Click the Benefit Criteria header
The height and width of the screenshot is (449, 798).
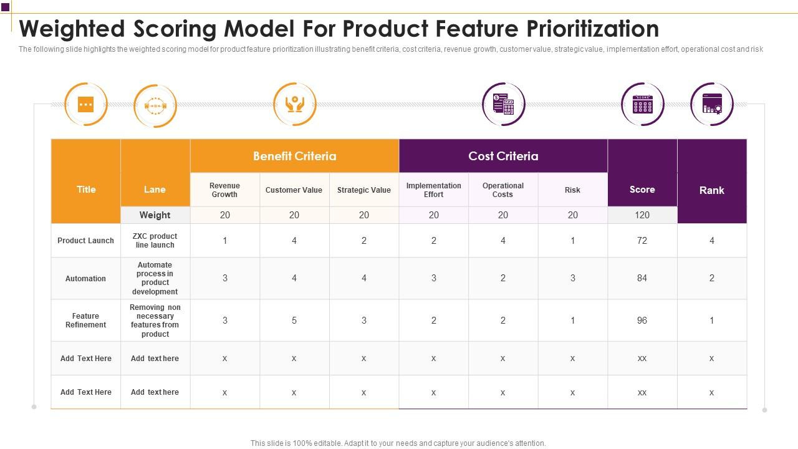294,156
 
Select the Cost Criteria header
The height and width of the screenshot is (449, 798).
503,156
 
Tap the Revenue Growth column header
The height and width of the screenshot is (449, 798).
224,190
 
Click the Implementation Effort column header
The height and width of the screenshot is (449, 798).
433,190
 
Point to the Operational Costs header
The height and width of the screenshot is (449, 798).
502,190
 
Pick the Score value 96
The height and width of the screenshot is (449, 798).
642,321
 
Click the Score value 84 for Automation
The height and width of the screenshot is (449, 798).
642,278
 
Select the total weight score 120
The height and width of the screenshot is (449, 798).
642,215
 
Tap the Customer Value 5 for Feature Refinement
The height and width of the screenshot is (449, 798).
294,321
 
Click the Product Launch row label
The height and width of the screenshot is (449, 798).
85,241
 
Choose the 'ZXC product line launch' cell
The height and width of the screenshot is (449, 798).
155,241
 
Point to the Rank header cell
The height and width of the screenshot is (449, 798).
711,190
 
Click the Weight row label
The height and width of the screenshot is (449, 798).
155,215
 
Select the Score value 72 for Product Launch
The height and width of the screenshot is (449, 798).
642,241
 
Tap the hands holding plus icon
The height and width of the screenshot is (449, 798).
295,104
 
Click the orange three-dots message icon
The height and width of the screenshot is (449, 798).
86,104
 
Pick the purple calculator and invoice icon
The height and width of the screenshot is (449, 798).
504,104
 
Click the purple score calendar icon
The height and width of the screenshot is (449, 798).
643,104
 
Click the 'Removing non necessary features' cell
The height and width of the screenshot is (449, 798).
155,321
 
